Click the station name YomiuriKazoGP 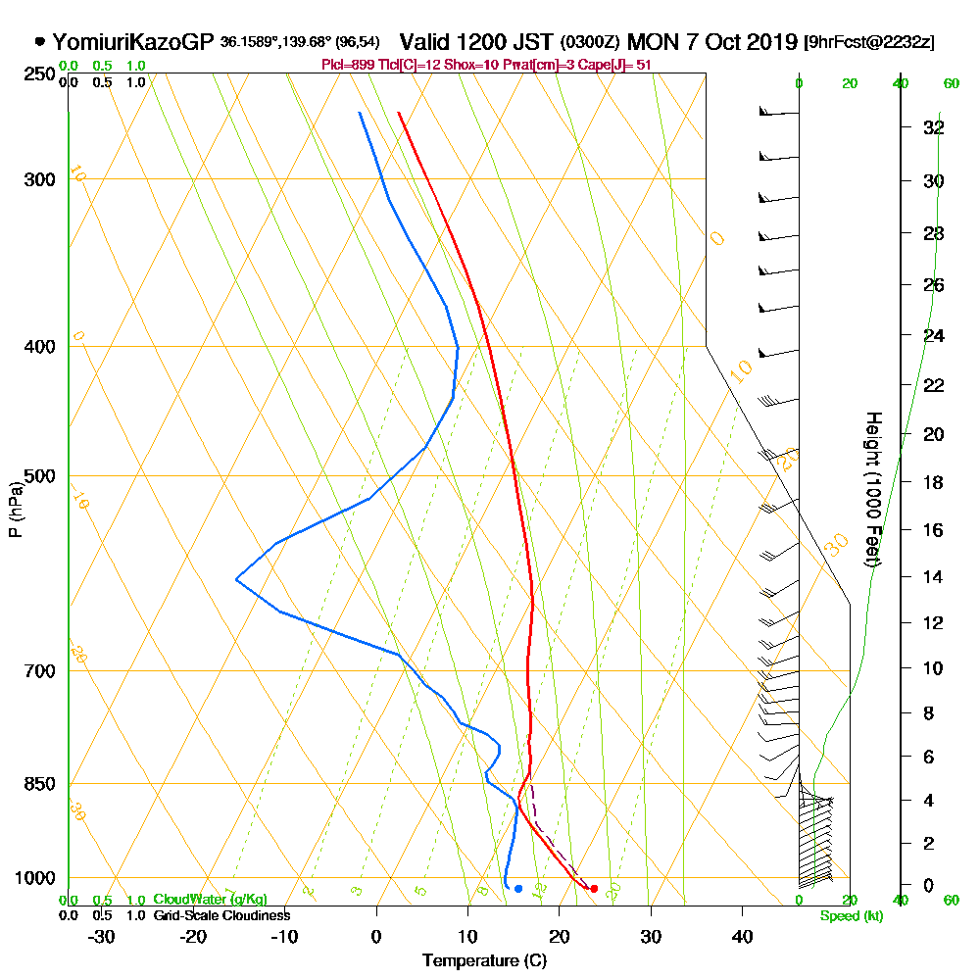pyautogui.click(x=131, y=42)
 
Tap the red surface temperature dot pyautogui.click(x=594, y=888)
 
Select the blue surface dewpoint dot pyautogui.click(x=518, y=888)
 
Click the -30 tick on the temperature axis pyautogui.click(x=102, y=936)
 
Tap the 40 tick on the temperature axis pyautogui.click(x=742, y=936)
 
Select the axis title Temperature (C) pyautogui.click(x=484, y=960)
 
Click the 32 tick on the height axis pyautogui.click(x=933, y=127)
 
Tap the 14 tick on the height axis pyautogui.click(x=933, y=576)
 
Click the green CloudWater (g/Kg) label pyautogui.click(x=210, y=900)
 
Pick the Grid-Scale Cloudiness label pyautogui.click(x=220, y=915)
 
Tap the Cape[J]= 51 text pyautogui.click(x=616, y=64)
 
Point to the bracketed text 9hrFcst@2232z pyautogui.click(x=868, y=42)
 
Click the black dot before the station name pyautogui.click(x=39, y=42)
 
